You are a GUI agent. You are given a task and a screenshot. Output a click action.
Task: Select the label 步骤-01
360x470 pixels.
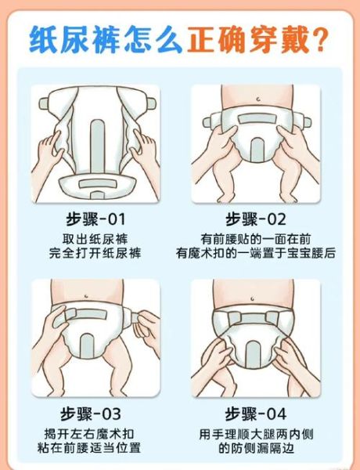coord(95,219)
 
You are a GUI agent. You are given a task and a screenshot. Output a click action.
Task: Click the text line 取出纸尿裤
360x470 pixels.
coord(95,238)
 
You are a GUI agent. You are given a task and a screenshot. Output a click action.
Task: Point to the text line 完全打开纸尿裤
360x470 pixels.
coord(95,253)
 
